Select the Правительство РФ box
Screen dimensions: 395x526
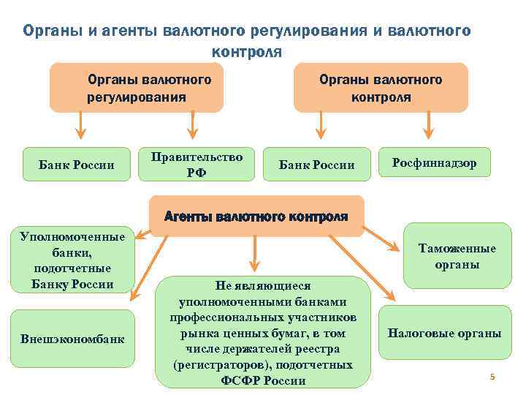(196, 164)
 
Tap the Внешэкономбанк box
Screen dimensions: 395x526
(72, 339)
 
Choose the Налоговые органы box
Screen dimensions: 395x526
(444, 333)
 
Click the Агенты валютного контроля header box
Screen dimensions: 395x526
(256, 216)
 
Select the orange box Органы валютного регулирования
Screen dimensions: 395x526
(137, 88)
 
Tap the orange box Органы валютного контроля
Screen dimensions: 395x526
(381, 88)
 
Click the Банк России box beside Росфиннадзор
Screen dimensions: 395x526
(317, 165)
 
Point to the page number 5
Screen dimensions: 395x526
(492, 377)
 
